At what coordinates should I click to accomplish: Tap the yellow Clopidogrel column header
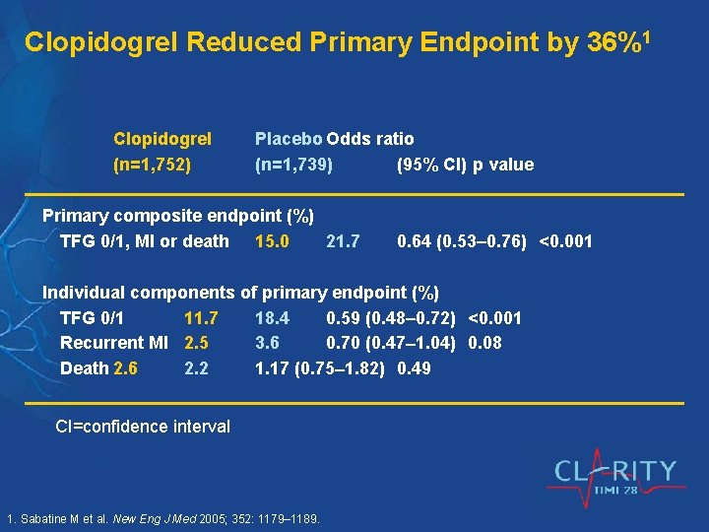coord(162,139)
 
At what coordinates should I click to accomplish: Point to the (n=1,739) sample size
coord(293,165)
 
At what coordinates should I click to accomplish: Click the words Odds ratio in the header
coord(370,139)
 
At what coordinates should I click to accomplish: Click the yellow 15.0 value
coord(272,241)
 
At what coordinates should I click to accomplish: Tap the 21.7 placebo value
coord(343,241)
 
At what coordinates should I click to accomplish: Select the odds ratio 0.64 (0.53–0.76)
coord(461,241)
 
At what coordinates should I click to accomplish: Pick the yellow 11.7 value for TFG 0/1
coord(201,318)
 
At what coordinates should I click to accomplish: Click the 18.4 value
coord(272,318)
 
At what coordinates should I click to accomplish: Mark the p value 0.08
coord(485,343)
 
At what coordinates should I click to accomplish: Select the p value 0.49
coord(414,368)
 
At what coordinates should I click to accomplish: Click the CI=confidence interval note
coord(143,427)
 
